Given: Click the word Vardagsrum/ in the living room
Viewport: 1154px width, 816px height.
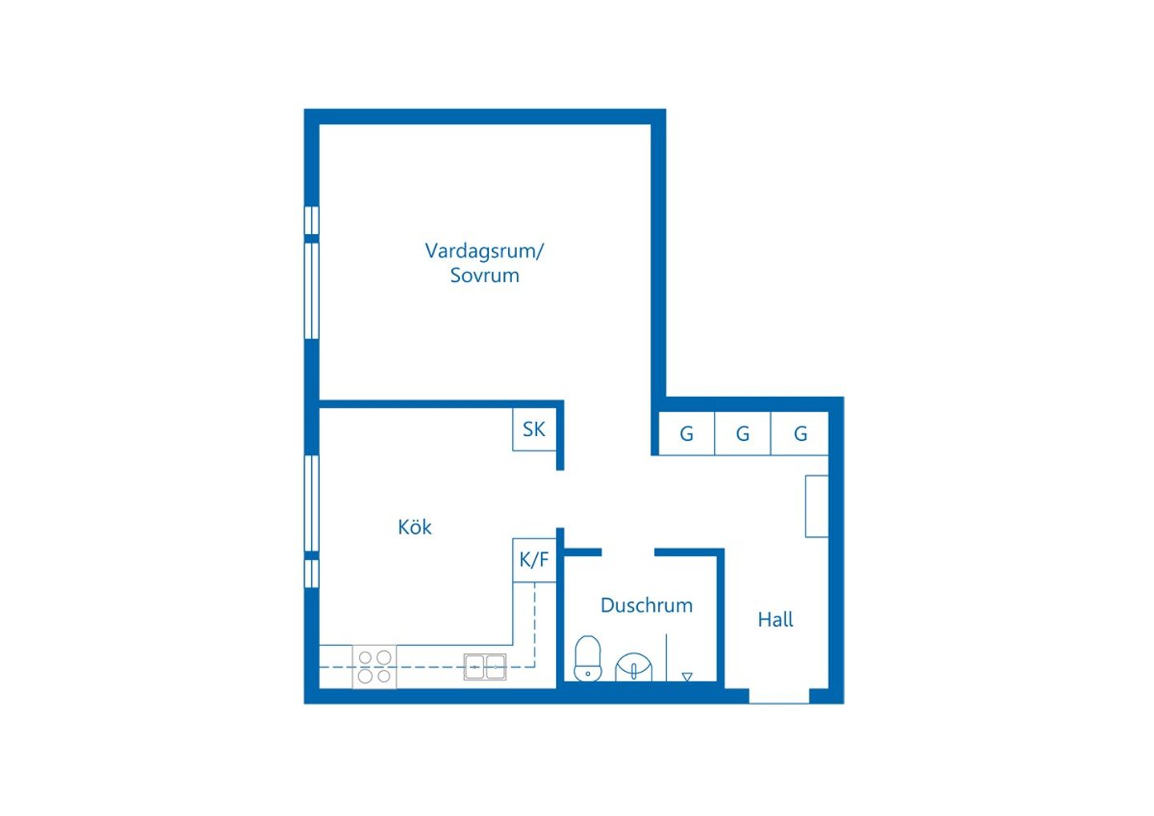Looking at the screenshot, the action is point(484,252).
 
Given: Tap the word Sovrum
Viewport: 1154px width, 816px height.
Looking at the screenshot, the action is point(484,276).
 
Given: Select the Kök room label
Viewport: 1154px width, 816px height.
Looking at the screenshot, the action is point(415,527).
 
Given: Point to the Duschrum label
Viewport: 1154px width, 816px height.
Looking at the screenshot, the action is point(647,605).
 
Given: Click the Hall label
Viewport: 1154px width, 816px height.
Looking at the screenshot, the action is point(776,619).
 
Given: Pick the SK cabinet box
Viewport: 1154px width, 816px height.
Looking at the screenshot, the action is point(535,429).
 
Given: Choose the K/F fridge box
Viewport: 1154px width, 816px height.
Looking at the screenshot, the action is point(535,560).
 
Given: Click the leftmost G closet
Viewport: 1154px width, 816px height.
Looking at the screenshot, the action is point(687,433).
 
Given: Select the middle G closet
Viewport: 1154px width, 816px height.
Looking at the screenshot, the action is point(742,433).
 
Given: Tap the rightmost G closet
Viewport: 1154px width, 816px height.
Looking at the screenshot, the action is point(800,433).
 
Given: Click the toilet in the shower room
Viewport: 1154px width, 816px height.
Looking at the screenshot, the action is point(588,658).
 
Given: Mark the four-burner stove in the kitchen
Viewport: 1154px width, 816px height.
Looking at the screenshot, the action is point(374,667).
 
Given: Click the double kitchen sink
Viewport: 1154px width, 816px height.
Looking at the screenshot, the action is point(485,667).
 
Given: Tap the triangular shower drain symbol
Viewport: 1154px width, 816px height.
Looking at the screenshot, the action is point(687,677).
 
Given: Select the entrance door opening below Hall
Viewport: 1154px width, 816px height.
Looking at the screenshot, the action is point(779,696).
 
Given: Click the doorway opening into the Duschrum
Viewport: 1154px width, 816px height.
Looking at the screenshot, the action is point(628,553).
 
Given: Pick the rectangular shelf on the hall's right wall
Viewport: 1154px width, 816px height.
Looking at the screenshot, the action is point(817,506).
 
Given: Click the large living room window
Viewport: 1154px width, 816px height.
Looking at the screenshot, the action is point(311,291).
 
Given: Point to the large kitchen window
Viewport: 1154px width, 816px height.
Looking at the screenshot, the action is point(311,504).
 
